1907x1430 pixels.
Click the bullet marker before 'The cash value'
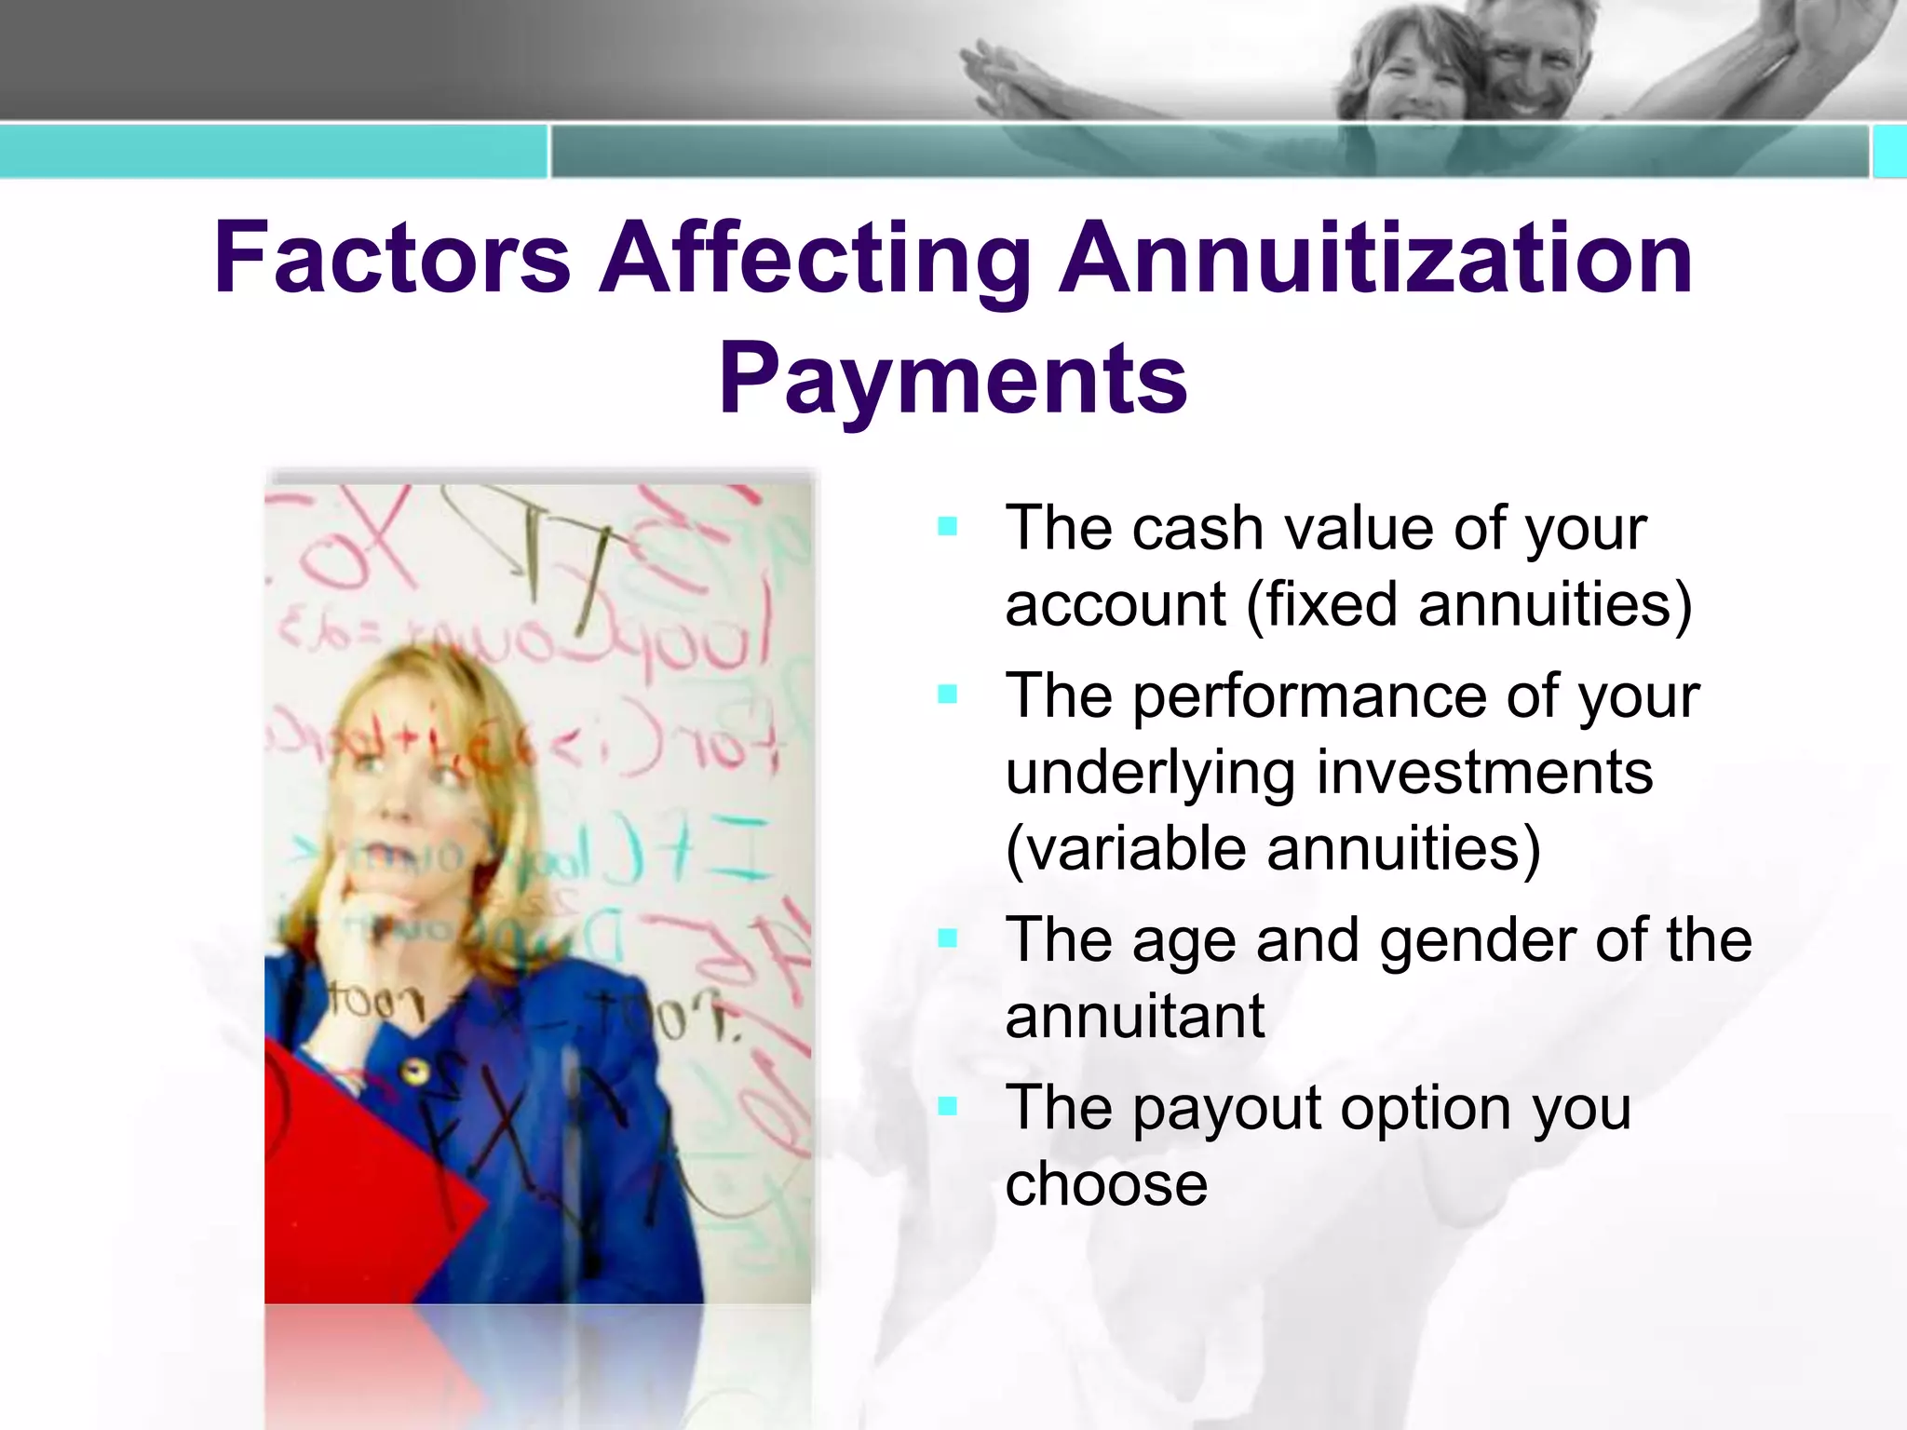click(x=948, y=527)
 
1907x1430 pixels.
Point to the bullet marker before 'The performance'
click(x=948, y=695)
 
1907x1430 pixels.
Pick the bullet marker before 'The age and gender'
click(x=948, y=938)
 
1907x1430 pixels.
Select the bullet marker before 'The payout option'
click(x=948, y=1106)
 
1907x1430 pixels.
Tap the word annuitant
click(x=1134, y=1017)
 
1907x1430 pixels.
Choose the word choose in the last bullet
click(x=1106, y=1184)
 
